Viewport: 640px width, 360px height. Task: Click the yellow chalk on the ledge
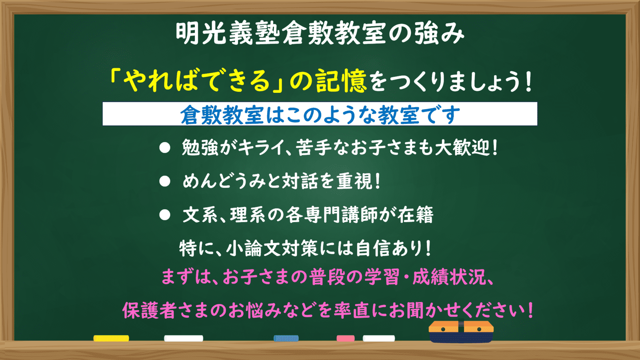tap(111, 338)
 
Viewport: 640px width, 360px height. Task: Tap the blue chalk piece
tap(286, 338)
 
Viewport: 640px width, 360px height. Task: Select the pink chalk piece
tap(345, 338)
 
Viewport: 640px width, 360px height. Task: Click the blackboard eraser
tap(461, 332)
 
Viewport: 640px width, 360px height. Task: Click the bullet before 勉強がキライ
tap(165, 148)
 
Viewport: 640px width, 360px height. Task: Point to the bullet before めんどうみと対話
tap(165, 182)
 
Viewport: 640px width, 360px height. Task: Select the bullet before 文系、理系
tap(165, 215)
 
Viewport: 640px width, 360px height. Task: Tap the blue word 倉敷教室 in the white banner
tap(222, 115)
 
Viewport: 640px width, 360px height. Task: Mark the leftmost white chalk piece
tap(184, 338)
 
